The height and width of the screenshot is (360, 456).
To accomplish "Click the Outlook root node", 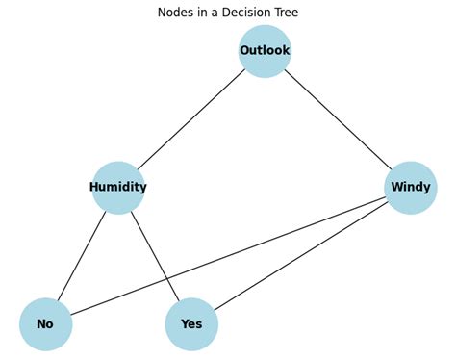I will (x=265, y=51).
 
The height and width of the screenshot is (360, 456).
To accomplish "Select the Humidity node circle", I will (x=118, y=188).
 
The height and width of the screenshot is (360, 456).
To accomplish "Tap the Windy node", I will (x=411, y=188).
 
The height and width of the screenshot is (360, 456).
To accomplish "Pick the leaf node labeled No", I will (x=45, y=324).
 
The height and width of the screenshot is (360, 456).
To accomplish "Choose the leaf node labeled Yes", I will (x=191, y=324).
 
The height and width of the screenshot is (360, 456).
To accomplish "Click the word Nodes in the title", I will (x=177, y=13).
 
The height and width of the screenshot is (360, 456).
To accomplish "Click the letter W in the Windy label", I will (x=395, y=188).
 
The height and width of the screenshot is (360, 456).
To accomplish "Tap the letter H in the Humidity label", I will (x=94, y=188).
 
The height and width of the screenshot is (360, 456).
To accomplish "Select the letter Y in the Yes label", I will (x=184, y=324).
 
